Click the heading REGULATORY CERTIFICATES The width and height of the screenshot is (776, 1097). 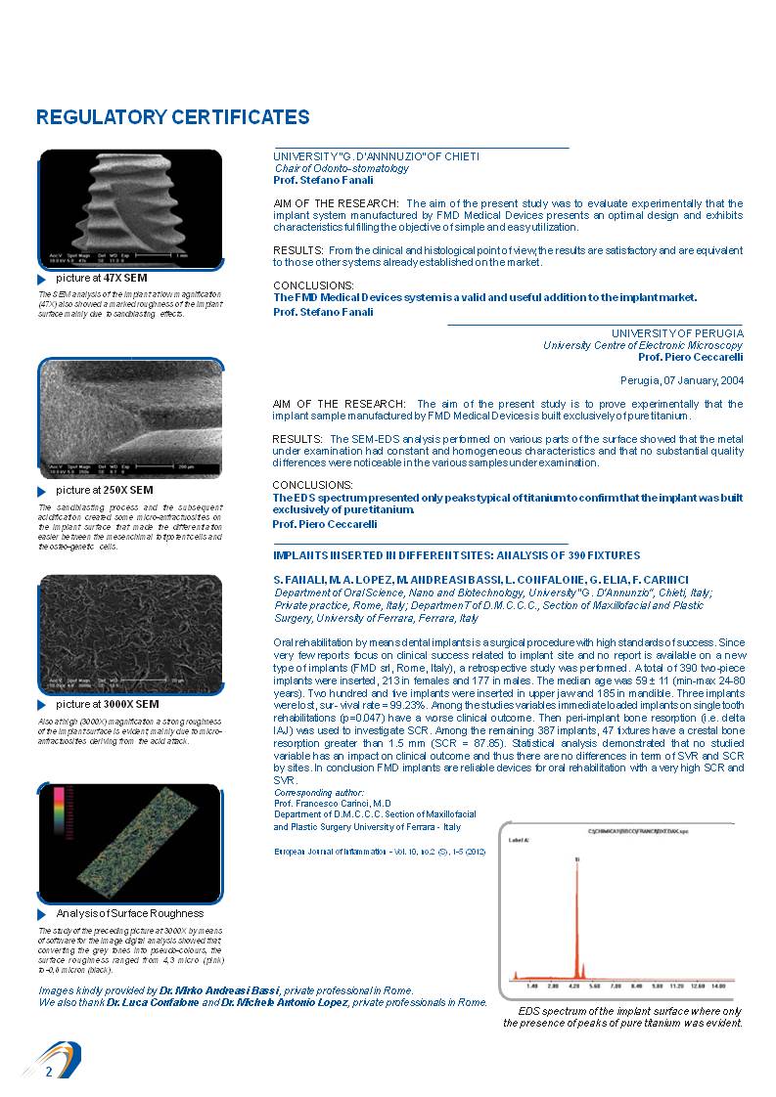click(172, 118)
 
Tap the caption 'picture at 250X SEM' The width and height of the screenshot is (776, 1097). click(104, 490)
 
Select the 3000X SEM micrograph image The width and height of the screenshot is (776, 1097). click(130, 635)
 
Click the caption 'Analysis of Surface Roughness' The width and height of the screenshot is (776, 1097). click(129, 913)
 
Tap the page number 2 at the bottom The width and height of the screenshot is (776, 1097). click(48, 1073)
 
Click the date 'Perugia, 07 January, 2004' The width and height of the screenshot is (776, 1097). click(681, 380)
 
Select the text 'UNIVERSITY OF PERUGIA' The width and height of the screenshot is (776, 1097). click(677, 333)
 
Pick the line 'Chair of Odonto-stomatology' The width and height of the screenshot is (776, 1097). click(328, 168)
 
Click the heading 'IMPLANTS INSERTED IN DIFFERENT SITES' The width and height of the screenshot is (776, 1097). click(456, 555)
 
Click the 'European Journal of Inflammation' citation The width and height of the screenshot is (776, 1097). click(380, 852)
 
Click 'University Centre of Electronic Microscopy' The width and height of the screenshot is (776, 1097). click(643, 345)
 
